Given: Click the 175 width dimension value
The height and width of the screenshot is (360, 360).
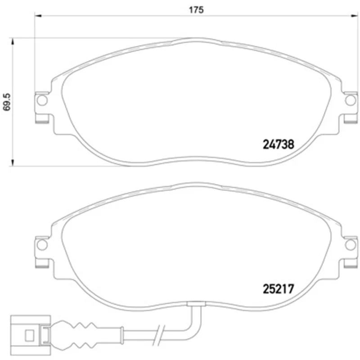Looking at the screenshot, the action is point(196,10).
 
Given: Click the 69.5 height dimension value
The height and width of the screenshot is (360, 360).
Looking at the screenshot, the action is point(7,102).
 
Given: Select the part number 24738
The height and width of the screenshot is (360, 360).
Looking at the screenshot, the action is point(278,144).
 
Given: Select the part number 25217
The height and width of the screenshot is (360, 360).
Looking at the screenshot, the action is point(278,289).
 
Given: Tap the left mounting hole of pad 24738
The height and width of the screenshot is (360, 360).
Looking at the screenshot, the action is point(42,100).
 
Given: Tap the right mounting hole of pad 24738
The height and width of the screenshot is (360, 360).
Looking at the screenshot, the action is point(351,100).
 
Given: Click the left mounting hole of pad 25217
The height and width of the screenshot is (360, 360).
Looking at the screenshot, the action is point(42,245).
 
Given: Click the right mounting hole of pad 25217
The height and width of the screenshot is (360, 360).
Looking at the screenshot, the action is point(351,245).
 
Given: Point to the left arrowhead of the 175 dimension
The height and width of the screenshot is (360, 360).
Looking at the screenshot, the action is point(38,16).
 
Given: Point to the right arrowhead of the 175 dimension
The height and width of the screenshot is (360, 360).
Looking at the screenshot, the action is point(355,16).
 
